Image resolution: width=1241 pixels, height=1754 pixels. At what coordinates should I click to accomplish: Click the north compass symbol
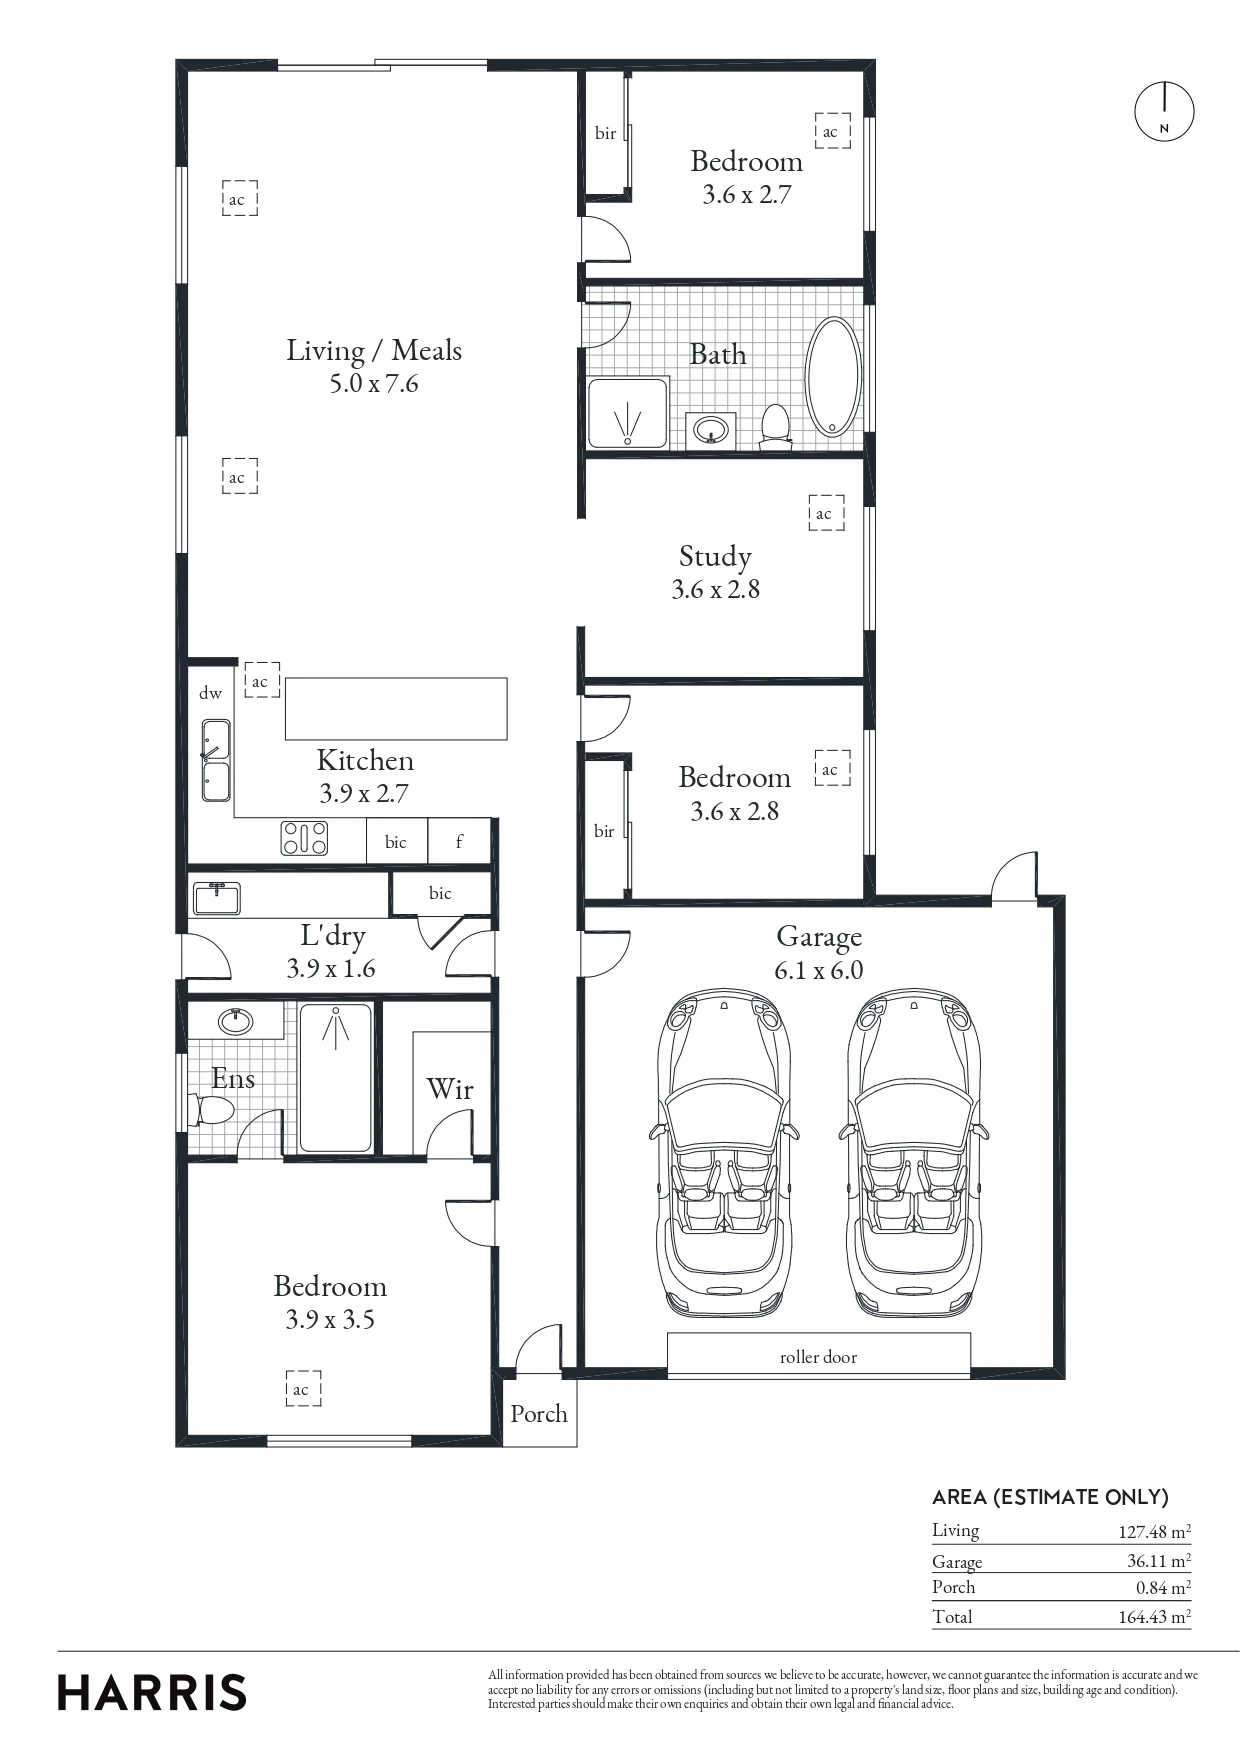tap(1164, 111)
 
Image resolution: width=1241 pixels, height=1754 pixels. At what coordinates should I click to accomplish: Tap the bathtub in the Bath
tap(832, 377)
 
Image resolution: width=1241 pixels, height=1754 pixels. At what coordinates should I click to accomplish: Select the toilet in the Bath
tap(775, 425)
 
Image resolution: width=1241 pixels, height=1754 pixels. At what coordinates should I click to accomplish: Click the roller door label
tap(818, 1357)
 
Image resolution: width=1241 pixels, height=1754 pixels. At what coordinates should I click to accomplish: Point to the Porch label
tap(538, 1413)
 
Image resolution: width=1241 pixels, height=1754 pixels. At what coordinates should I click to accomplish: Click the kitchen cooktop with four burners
tap(305, 838)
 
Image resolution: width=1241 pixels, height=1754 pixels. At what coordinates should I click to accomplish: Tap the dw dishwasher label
tap(210, 692)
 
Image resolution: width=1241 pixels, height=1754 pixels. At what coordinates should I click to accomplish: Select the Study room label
tap(715, 556)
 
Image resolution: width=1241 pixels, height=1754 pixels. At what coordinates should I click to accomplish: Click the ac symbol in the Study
tap(826, 513)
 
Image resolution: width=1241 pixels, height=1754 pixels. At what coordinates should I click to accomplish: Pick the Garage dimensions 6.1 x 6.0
tap(818, 970)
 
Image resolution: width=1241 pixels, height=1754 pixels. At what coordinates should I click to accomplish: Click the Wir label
tap(449, 1089)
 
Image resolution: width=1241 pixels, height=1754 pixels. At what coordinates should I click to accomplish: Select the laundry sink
tap(216, 898)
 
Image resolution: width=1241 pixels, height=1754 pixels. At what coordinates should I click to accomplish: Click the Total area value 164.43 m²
tap(1154, 1617)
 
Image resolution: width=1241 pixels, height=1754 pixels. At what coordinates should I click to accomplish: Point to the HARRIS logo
tap(152, 1693)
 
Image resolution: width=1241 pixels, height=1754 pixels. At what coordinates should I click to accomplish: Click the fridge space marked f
tap(459, 841)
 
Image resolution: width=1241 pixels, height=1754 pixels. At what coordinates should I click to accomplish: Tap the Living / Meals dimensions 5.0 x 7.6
tap(374, 383)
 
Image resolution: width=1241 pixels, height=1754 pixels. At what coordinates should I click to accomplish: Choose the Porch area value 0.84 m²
tap(1163, 1587)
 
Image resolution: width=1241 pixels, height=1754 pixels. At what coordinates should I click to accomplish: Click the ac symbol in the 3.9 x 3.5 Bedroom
tap(303, 1389)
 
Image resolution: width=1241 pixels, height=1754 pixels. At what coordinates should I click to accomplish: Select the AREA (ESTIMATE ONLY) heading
tap(1050, 1497)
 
